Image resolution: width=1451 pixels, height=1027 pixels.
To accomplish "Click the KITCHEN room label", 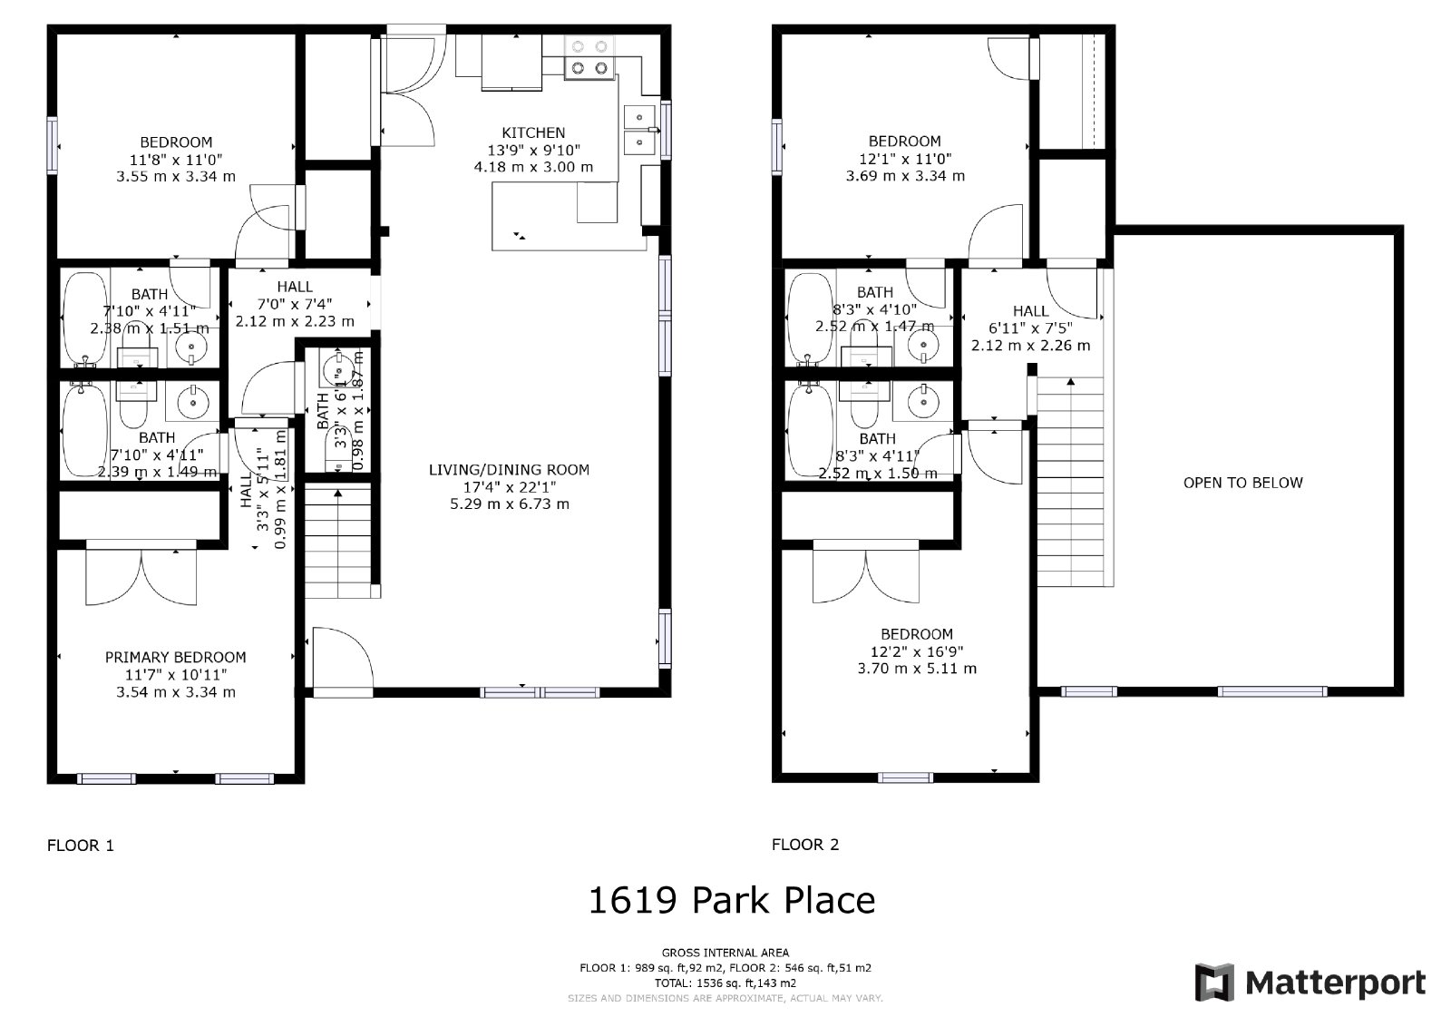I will [533, 132].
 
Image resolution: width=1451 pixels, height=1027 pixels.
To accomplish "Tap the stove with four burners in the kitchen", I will [588, 56].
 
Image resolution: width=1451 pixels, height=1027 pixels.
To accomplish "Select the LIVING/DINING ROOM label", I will [509, 469].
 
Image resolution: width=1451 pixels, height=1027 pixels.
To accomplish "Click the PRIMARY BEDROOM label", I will [175, 657].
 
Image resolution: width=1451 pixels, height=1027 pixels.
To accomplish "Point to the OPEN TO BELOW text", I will [1242, 483].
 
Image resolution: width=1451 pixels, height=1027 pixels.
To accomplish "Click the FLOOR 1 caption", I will [81, 845].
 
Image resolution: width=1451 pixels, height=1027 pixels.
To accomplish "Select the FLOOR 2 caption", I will [805, 845].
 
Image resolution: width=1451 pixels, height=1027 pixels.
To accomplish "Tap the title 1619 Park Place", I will [731, 900].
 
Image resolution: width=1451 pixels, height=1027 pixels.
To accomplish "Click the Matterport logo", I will [1310, 983].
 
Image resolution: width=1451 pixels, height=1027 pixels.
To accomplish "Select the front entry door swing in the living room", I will [341, 659].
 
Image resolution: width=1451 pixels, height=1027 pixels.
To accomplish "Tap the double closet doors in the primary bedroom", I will [141, 576].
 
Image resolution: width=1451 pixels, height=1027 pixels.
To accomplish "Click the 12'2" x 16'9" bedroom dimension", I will [916, 651].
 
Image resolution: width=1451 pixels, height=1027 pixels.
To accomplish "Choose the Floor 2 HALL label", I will [1030, 311].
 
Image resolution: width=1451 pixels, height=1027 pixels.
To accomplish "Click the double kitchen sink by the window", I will [640, 131].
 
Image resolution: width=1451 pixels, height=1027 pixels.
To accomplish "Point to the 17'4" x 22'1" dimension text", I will [509, 486].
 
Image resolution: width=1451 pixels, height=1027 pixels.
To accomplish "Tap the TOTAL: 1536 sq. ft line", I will [725, 983].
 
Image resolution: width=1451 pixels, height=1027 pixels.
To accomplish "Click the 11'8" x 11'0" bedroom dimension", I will [176, 159].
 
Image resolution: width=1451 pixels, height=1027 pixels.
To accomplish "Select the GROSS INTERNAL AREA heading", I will [725, 953].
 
